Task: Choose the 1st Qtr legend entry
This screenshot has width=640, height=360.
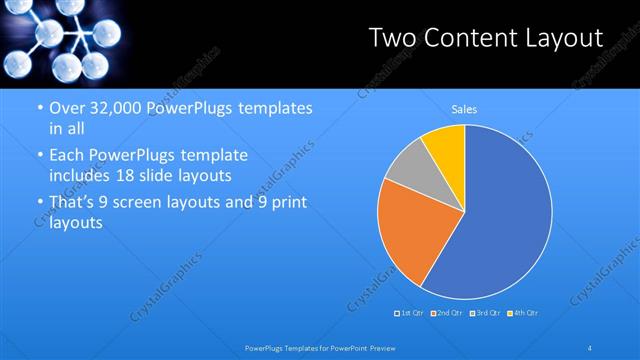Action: coord(411,314)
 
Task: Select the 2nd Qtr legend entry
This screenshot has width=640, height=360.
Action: coord(447,314)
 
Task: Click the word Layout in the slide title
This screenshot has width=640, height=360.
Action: coord(565,38)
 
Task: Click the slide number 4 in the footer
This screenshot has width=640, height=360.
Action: coord(590,347)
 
